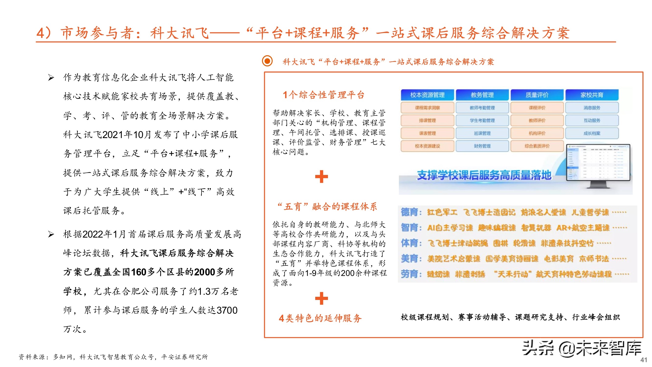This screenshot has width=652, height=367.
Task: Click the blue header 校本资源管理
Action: [x=427, y=95]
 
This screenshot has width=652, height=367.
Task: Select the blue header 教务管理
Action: [x=482, y=95]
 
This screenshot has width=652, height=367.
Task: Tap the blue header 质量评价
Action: [x=537, y=95]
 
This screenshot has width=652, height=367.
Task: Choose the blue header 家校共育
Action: [x=592, y=95]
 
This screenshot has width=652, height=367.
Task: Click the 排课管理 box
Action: [x=427, y=121]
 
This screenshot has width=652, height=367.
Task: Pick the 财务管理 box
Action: [x=482, y=146]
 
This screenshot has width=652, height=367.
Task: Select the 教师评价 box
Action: [x=537, y=121]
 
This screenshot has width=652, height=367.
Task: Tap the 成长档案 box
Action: [x=592, y=133]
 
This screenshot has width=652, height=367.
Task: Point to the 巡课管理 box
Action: [x=482, y=133]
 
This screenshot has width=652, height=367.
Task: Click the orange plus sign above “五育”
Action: [x=321, y=177]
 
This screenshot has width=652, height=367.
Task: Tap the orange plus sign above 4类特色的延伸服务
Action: [x=321, y=298]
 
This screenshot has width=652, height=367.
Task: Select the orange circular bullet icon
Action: [x=267, y=61]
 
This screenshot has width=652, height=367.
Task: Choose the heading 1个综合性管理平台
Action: [x=324, y=95]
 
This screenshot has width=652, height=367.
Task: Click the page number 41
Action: [x=644, y=360]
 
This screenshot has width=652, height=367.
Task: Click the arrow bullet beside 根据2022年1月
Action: [x=51, y=234]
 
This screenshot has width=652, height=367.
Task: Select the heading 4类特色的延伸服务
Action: [x=320, y=318]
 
